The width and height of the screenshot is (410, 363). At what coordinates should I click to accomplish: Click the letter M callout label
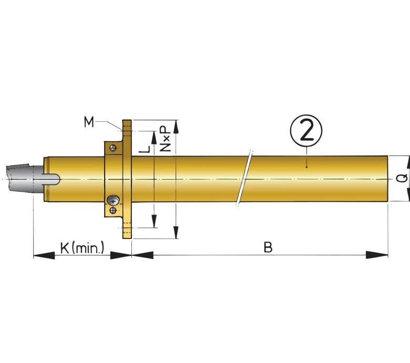pyautogui.click(x=89, y=122)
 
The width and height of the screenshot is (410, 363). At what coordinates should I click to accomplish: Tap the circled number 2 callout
pyautogui.click(x=306, y=131)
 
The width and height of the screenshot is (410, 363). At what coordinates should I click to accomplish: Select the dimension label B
pyautogui.click(x=268, y=247)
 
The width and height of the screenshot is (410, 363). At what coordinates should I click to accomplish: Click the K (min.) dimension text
pyautogui.click(x=82, y=248)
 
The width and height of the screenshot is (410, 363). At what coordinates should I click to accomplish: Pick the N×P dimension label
pyautogui.click(x=165, y=139)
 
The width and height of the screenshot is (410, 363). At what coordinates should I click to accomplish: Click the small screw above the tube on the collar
pyautogui.click(x=113, y=148)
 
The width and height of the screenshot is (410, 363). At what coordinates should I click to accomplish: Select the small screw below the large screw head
pyautogui.click(x=113, y=210)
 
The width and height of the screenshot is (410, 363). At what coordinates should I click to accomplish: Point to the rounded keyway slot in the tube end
pyautogui.click(x=52, y=179)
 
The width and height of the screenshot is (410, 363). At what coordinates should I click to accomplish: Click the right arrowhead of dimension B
pyautogui.click(x=377, y=255)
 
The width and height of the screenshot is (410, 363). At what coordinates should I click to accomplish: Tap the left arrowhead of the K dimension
pyautogui.click(x=44, y=255)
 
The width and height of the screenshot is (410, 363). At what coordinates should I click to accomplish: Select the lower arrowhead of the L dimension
pyautogui.click(x=154, y=221)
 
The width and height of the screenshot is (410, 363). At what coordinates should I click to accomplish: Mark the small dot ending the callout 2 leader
pyautogui.click(x=306, y=167)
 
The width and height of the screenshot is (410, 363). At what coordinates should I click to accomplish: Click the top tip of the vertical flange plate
pyautogui.click(x=127, y=120)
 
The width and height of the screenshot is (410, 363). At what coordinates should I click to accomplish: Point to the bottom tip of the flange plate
pyautogui.click(x=127, y=238)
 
